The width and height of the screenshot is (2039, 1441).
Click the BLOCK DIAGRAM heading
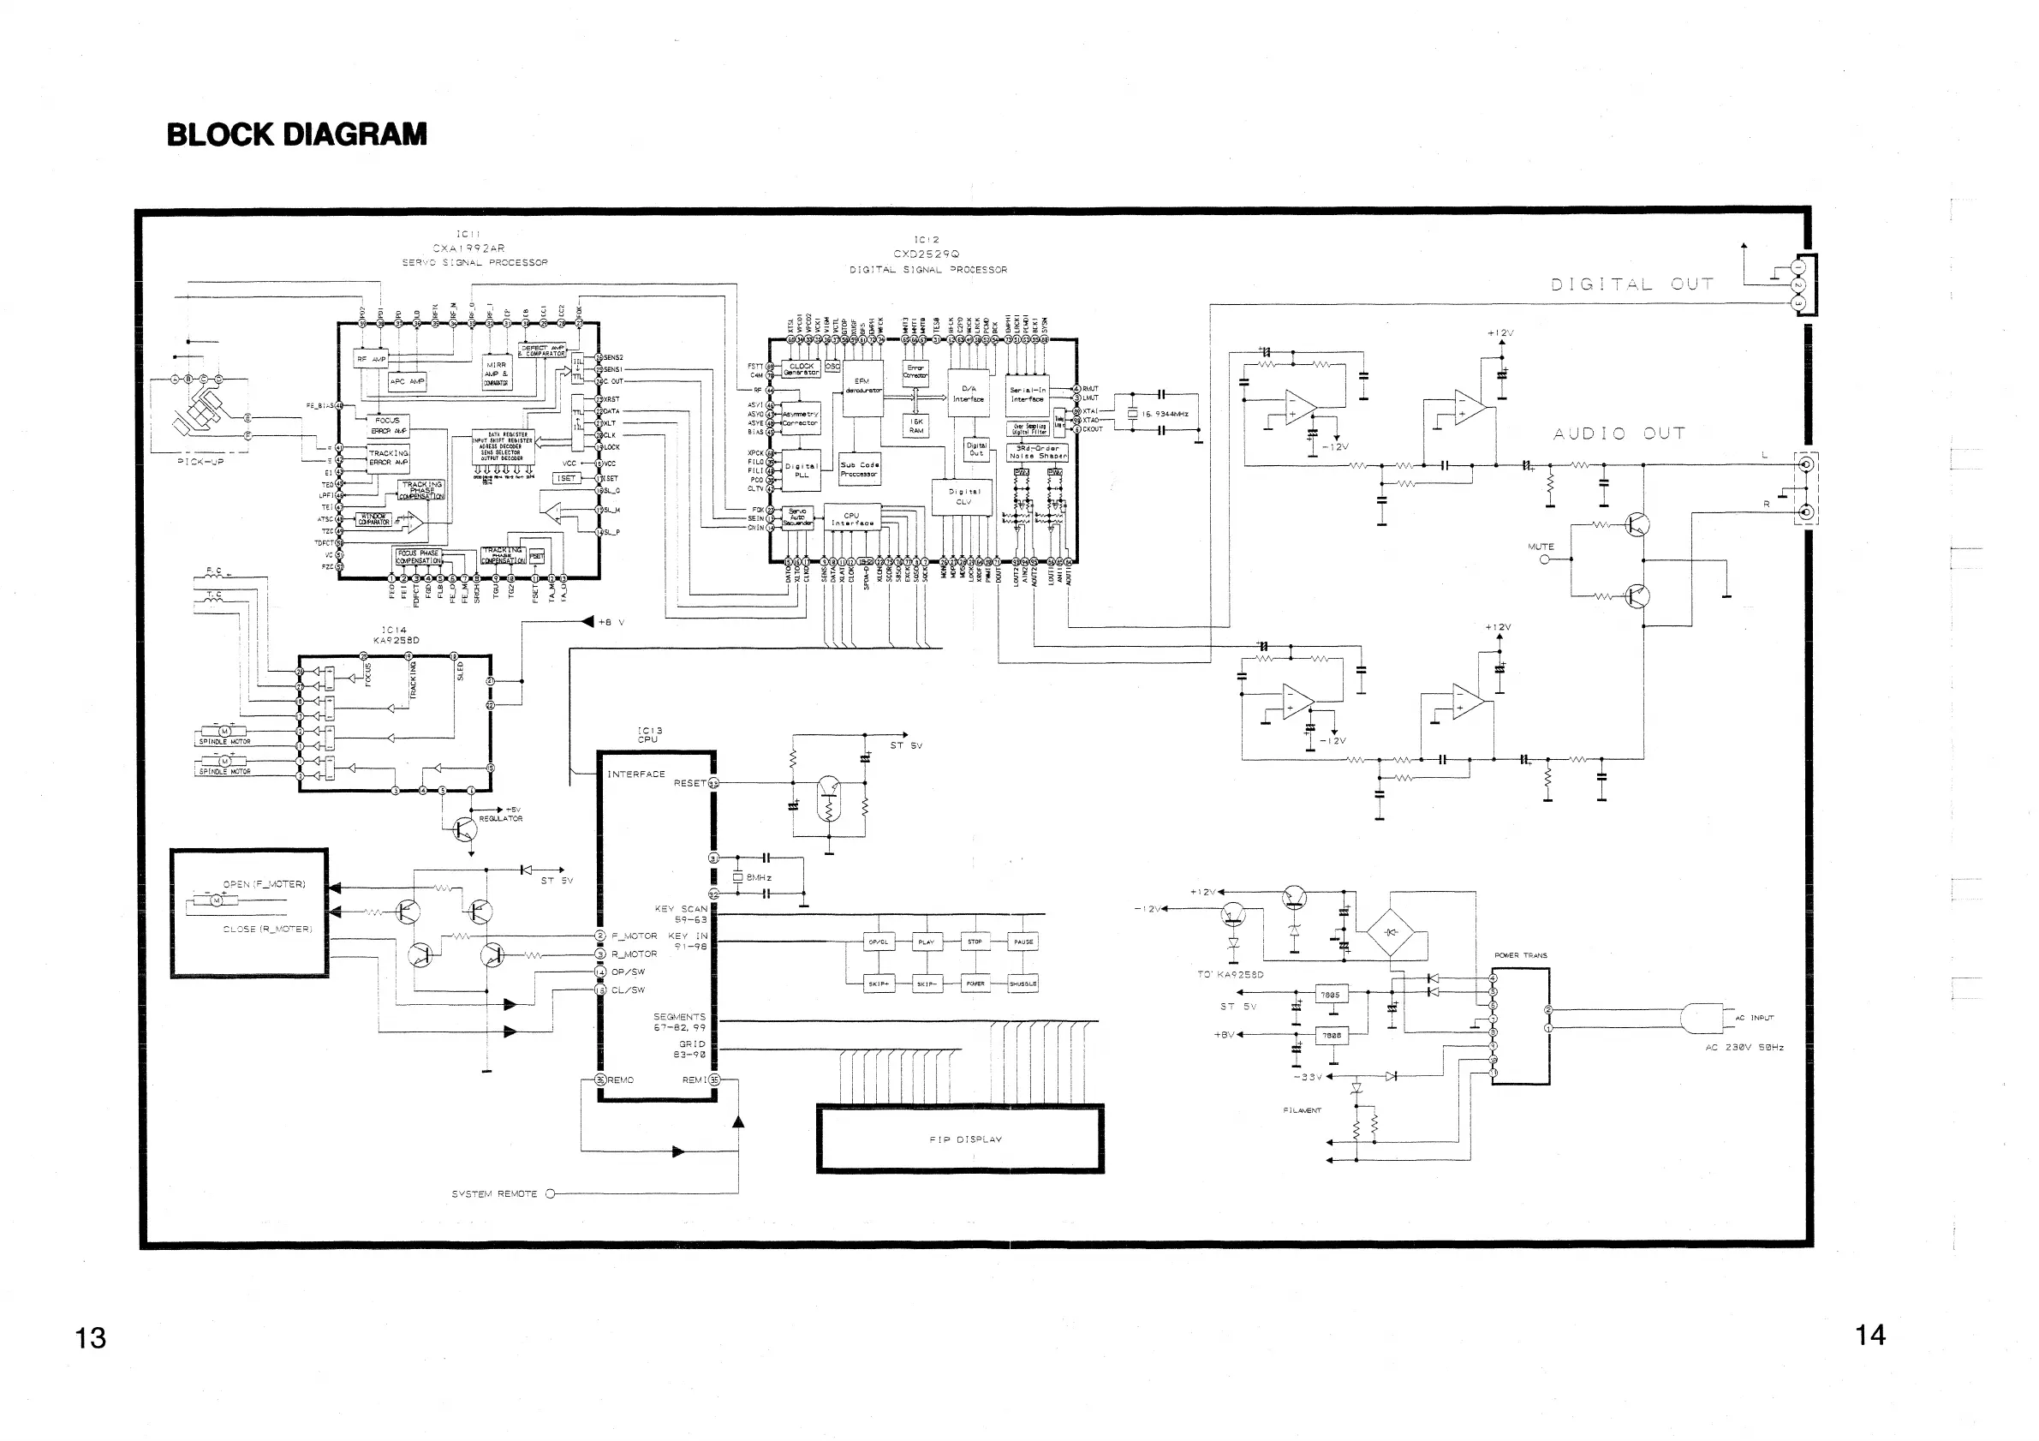click(x=296, y=135)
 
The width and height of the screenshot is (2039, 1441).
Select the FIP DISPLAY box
click(x=960, y=1139)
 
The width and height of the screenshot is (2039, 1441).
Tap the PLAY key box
click(x=927, y=942)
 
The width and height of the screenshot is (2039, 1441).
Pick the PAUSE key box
click(x=1023, y=942)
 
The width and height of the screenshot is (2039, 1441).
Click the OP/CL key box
click(x=879, y=942)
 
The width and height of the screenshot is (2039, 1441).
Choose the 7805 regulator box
click(x=1330, y=995)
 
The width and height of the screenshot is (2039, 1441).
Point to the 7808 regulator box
click(x=1330, y=1036)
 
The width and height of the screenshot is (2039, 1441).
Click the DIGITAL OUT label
click(x=1631, y=284)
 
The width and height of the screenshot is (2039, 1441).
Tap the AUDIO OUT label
click(x=1618, y=433)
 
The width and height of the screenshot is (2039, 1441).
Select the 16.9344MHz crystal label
click(x=1165, y=414)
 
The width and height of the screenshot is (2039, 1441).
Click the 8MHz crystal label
click(x=759, y=878)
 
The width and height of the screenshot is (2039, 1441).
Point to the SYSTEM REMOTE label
click(x=494, y=1194)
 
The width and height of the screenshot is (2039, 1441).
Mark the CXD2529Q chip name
click(x=927, y=254)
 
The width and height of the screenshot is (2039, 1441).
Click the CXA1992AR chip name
click(x=468, y=248)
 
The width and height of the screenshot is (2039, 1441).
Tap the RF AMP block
click(x=371, y=359)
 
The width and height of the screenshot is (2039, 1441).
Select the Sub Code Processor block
click(x=859, y=469)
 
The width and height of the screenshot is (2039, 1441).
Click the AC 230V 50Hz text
click(x=1744, y=1048)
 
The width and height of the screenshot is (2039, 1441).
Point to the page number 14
click(x=1869, y=1336)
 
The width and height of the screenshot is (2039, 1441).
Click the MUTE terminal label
click(x=1541, y=547)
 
